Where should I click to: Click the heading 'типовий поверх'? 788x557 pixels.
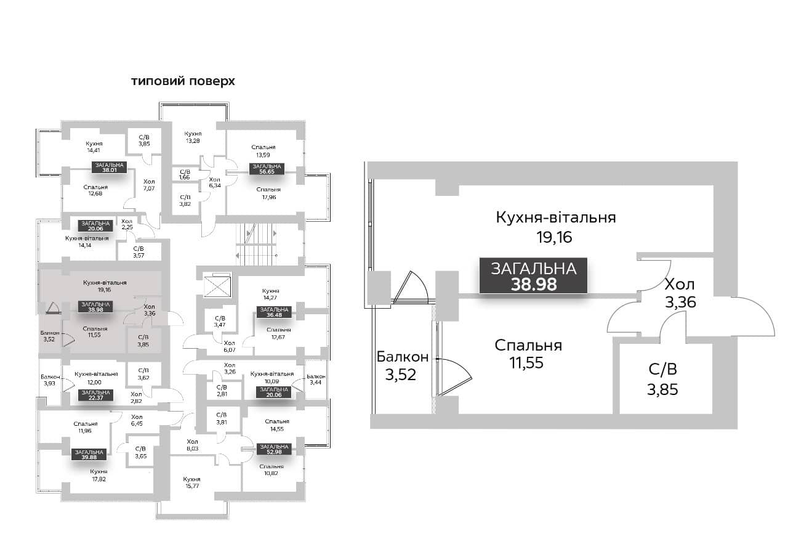pyautogui.click(x=183, y=81)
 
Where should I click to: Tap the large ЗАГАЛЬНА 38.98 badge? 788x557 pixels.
pyautogui.click(x=533, y=275)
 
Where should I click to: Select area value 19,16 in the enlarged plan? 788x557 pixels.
pyautogui.click(x=553, y=237)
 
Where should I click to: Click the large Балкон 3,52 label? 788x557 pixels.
pyautogui.click(x=402, y=366)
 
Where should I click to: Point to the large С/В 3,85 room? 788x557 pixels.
pyautogui.click(x=662, y=379)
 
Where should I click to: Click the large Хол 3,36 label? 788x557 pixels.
pyautogui.click(x=680, y=293)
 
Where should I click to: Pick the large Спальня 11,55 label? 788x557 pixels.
pyautogui.click(x=528, y=354)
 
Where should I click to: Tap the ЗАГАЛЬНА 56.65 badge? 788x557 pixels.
pyautogui.click(x=266, y=169)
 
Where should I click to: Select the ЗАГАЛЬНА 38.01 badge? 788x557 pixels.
pyautogui.click(x=110, y=168)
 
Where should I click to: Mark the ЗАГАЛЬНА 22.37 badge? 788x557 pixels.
pyautogui.click(x=95, y=395)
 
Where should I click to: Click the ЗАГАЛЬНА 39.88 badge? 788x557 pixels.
pyautogui.click(x=89, y=455)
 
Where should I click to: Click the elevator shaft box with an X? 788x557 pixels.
pyautogui.click(x=217, y=285)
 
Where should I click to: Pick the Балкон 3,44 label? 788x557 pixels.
pyautogui.click(x=316, y=380)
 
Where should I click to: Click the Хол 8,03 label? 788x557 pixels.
pyautogui.click(x=193, y=445)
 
